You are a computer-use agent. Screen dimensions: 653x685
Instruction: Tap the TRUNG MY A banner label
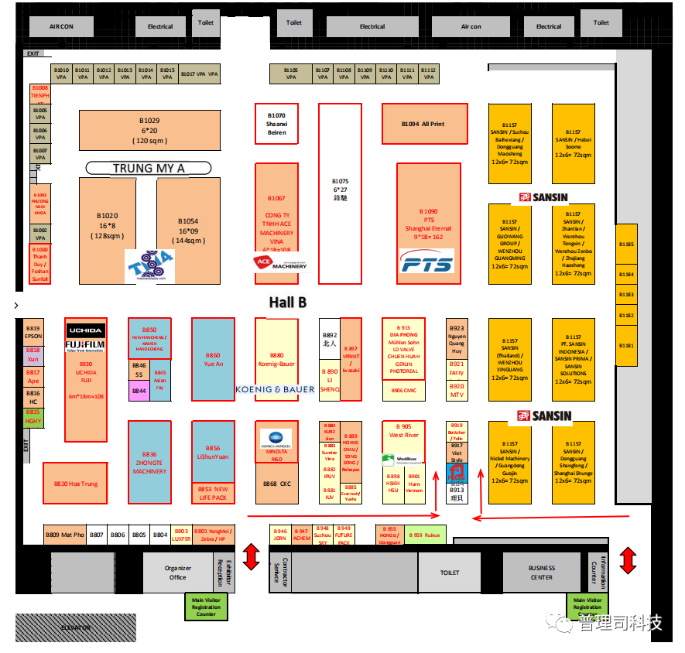point(149,168)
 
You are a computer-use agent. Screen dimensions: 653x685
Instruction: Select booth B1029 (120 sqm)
point(149,130)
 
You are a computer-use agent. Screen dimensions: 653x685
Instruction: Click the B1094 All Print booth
point(423,124)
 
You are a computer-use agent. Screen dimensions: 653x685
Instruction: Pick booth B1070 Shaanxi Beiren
point(276,123)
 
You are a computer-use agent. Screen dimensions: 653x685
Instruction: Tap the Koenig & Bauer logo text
point(276,389)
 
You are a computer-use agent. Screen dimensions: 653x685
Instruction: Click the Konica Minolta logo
point(276,439)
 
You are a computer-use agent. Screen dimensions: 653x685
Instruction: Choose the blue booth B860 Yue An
point(213,359)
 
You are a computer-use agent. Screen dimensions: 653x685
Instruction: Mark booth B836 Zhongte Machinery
point(149,461)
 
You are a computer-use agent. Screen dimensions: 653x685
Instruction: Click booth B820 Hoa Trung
point(75,484)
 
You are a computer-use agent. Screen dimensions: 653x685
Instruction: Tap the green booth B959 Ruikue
point(426,535)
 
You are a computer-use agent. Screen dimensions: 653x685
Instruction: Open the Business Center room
point(541,573)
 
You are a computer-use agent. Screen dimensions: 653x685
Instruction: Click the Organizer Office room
point(177,573)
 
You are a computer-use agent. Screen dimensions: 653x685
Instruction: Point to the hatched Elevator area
point(76,627)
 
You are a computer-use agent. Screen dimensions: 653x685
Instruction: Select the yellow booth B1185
point(626,244)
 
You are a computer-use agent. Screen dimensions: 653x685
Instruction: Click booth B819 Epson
point(33,332)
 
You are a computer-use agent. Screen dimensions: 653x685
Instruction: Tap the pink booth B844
point(139,391)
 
